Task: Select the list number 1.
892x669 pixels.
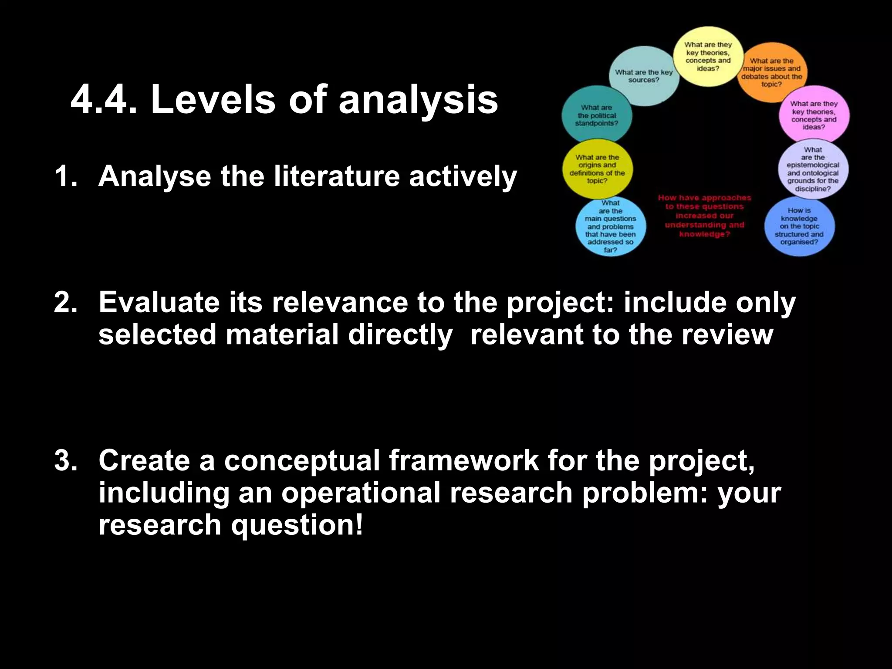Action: pyautogui.click(x=65, y=176)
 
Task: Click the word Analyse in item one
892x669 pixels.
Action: pyautogui.click(x=154, y=176)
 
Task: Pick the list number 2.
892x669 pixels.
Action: pyautogui.click(x=65, y=302)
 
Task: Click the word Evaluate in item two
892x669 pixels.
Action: pyautogui.click(x=159, y=302)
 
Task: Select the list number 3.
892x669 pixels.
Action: pyautogui.click(x=65, y=460)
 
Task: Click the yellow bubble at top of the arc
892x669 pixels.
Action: pyautogui.click(x=708, y=57)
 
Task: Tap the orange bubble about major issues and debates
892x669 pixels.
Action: pyautogui.click(x=772, y=72)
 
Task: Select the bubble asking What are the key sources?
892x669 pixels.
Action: pyautogui.click(x=644, y=76)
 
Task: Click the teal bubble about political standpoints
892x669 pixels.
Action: pyautogui.click(x=597, y=115)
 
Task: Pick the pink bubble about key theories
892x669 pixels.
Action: pyautogui.click(x=814, y=115)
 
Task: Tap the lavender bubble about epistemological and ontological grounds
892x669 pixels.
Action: pyautogui.click(x=813, y=169)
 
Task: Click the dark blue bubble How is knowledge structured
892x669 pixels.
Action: pyautogui.click(x=799, y=226)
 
